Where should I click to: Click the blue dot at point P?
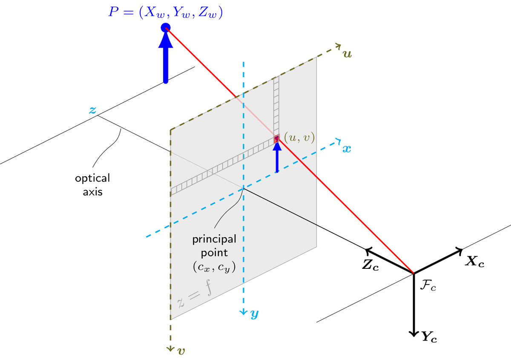166,28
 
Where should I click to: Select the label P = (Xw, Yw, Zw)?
165,12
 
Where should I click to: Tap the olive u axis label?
347,54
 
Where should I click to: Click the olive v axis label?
181,351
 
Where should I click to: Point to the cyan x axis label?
347,149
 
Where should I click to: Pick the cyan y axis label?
255,314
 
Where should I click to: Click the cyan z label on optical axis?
92,110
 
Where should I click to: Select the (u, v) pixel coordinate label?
299,138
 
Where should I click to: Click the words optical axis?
93,185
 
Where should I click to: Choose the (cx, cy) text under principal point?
214,267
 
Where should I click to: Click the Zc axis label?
370,265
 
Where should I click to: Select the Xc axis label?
475,262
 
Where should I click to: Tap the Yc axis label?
429,337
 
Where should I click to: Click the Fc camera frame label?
428,285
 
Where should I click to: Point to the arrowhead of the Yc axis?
413,334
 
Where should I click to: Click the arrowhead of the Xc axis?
459,251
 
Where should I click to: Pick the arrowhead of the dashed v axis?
170,349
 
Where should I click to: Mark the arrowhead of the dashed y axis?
244,312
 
